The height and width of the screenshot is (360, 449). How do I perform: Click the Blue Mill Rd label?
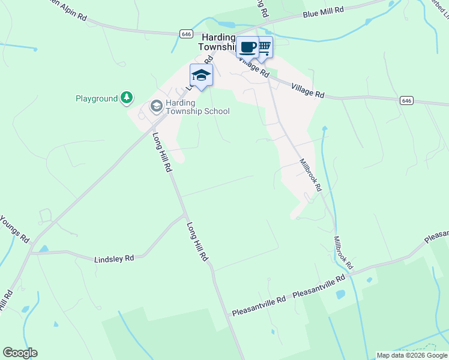click(x=323, y=11)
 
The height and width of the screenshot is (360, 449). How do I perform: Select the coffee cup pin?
click(x=247, y=47)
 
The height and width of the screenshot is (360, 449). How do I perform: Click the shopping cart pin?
click(x=264, y=46)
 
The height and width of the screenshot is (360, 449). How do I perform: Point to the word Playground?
click(x=97, y=98)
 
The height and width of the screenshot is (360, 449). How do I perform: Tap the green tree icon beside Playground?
click(x=126, y=97)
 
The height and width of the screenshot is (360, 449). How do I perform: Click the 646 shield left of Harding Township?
click(x=185, y=34)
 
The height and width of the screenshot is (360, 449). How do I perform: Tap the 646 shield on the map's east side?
click(x=407, y=100)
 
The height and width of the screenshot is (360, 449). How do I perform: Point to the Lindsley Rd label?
click(x=114, y=259)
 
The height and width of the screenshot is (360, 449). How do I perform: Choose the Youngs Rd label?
click(x=15, y=227)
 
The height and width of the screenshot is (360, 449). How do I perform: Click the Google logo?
click(x=20, y=353)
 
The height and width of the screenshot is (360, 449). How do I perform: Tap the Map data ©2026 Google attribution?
click(x=412, y=355)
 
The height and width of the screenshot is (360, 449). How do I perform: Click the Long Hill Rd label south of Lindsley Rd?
click(x=197, y=242)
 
